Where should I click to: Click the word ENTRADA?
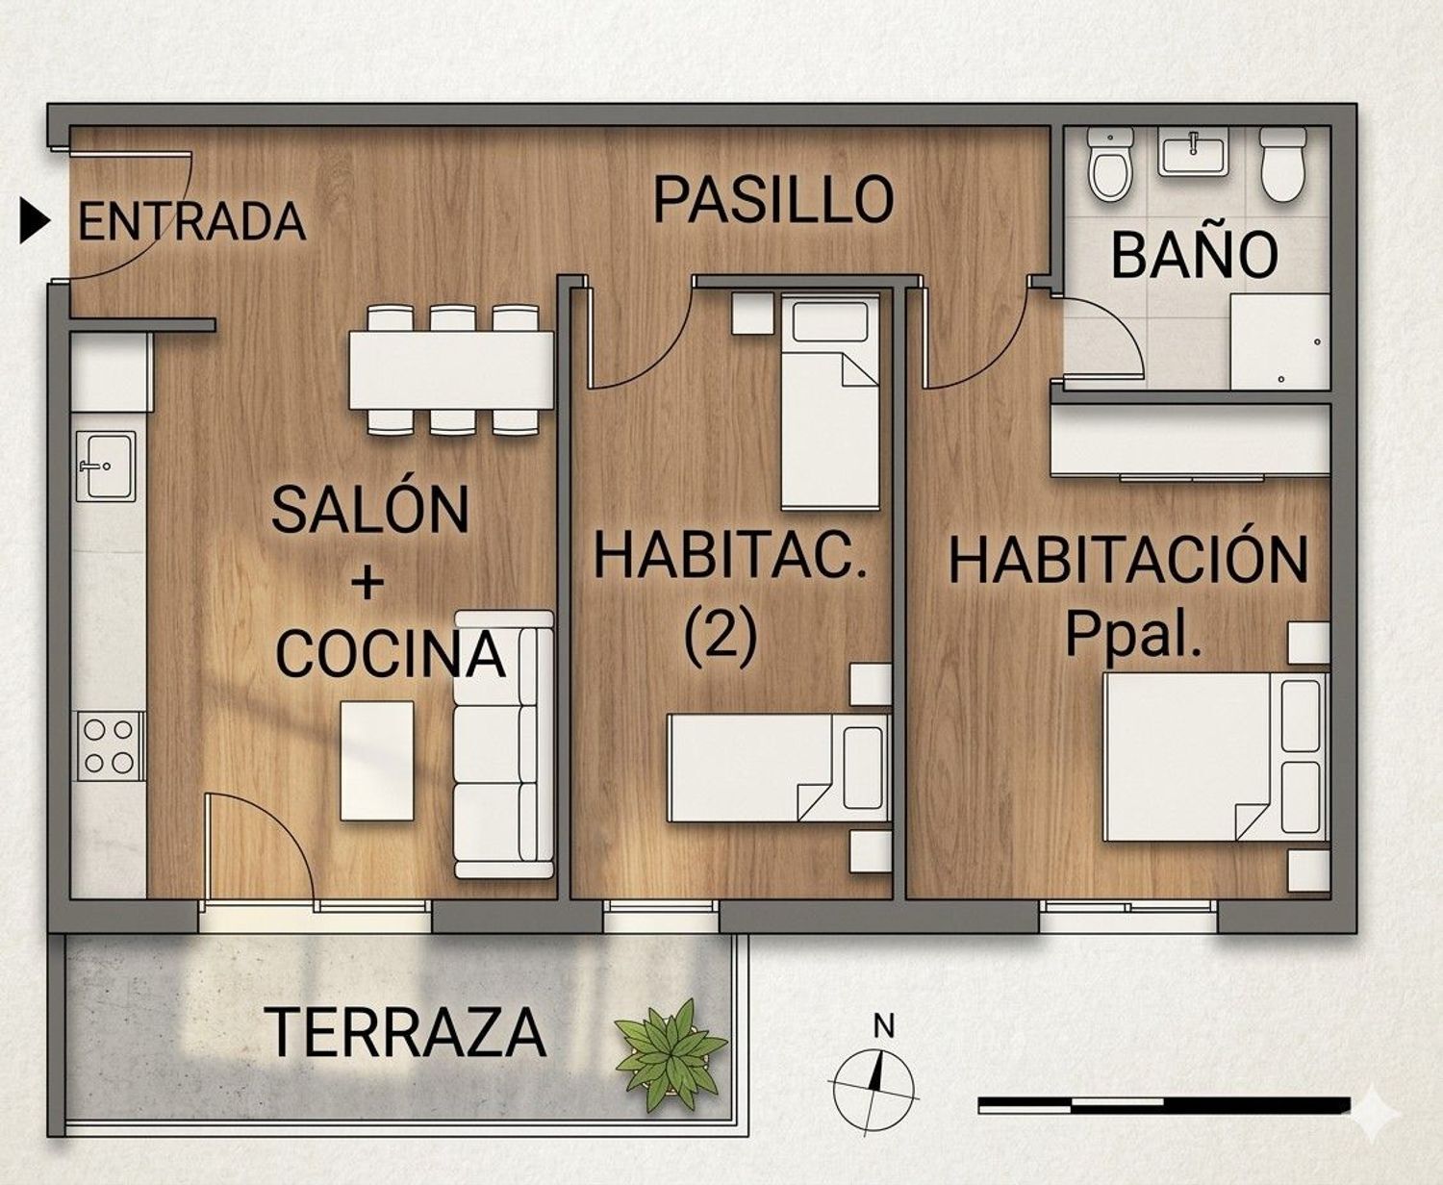[x=191, y=222]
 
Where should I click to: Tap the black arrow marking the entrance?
[x=35, y=221]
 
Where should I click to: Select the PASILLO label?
[x=773, y=200]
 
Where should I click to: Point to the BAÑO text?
[x=1194, y=255]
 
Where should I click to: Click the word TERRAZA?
[x=405, y=1032]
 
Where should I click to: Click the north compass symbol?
[x=873, y=1082]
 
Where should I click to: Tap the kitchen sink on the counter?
[x=106, y=466]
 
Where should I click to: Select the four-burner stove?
[x=108, y=746]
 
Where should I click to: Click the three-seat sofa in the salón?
[x=504, y=744]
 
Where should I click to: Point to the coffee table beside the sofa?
[x=377, y=761]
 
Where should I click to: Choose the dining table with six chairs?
[x=450, y=370]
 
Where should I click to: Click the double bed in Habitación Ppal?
[x=1214, y=757]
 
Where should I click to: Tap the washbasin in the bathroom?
[x=1193, y=155]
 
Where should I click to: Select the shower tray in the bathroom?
[x=1279, y=341]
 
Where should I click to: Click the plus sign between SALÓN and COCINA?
[x=367, y=582]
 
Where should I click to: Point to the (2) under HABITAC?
[x=721, y=636]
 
